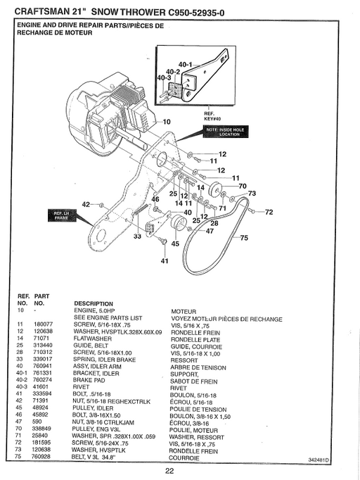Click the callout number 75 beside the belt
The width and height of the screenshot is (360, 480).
coord(244,239)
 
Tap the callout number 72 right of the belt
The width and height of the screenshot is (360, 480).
coord(268,211)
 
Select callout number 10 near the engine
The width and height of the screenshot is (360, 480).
coord(167,122)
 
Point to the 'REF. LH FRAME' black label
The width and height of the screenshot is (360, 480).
coord(58,215)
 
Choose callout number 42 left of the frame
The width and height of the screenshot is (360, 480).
coord(86,204)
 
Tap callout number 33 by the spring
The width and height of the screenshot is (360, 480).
coord(137,237)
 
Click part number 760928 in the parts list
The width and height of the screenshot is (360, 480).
coord(44,457)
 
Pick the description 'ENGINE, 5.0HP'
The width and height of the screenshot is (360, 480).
coord(95,310)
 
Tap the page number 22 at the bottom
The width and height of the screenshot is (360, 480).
coord(169,471)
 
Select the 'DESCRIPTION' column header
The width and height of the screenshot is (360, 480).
coord(94,303)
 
